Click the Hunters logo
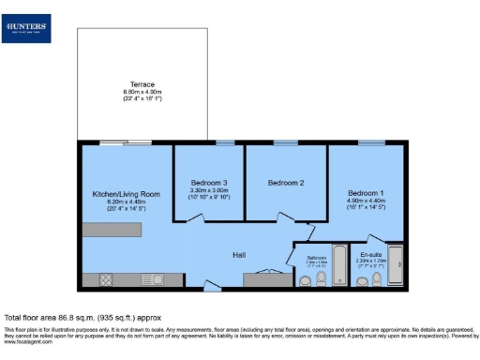point(28,29)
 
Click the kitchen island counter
point(117,229)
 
